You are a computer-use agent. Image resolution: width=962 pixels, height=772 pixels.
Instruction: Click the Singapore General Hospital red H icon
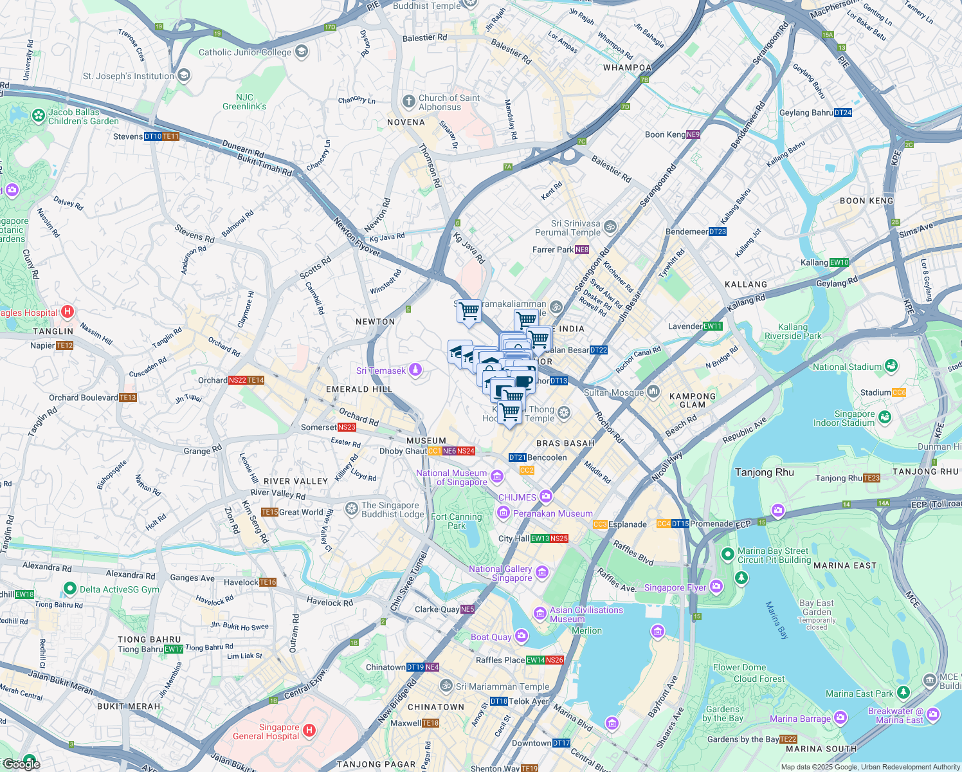(x=309, y=730)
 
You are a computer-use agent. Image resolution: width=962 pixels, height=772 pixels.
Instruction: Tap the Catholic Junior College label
(x=244, y=53)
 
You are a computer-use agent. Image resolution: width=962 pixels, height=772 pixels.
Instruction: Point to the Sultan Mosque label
(x=613, y=392)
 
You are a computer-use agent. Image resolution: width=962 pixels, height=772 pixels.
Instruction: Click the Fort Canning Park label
(x=456, y=521)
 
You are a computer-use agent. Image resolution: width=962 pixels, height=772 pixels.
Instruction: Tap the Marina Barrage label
(x=800, y=719)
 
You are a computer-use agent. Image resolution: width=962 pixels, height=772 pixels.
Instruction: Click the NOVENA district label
(x=406, y=122)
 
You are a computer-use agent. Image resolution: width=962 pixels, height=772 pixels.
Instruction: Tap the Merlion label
(x=586, y=630)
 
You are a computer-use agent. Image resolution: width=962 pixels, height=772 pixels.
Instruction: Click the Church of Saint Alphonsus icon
(x=408, y=101)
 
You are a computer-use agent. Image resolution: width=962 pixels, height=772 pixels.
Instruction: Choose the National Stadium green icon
(x=891, y=366)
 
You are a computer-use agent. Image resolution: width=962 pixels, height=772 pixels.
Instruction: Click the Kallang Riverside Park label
(x=792, y=331)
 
